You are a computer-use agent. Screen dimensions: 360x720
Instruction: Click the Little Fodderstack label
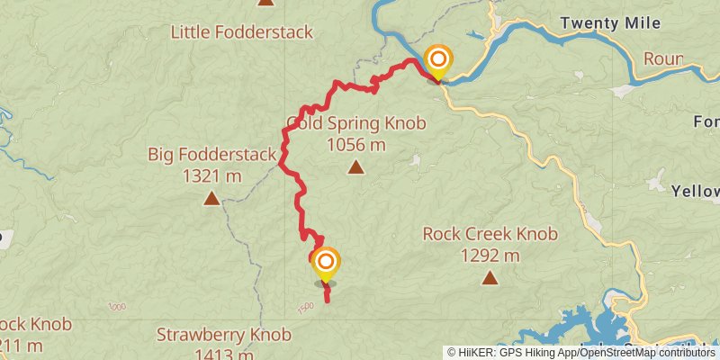(x=242, y=32)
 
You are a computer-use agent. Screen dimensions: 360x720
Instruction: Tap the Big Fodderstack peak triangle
(x=211, y=198)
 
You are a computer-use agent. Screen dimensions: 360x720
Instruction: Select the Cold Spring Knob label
(x=355, y=122)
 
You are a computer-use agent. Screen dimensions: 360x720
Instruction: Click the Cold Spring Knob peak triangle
(x=356, y=166)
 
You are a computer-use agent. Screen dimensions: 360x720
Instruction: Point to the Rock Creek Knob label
(x=490, y=235)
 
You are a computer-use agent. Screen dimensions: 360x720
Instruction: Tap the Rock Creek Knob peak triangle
(x=490, y=277)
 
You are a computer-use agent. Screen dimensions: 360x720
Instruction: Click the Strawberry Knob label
(x=224, y=335)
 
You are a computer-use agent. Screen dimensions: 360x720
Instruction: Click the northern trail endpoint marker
(x=437, y=60)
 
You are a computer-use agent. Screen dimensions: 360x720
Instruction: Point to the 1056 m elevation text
(x=356, y=144)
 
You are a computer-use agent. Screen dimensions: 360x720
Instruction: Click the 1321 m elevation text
(x=211, y=176)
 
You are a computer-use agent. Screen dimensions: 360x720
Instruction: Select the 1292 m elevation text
(x=490, y=256)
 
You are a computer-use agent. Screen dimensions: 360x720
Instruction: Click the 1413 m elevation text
(x=224, y=354)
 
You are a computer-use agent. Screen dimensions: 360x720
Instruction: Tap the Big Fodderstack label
(x=211, y=155)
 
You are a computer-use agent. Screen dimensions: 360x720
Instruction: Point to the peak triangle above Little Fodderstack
(x=265, y=3)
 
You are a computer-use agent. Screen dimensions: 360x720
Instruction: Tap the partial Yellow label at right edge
(x=696, y=191)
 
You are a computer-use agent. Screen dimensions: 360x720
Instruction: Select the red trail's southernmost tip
(x=326, y=300)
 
